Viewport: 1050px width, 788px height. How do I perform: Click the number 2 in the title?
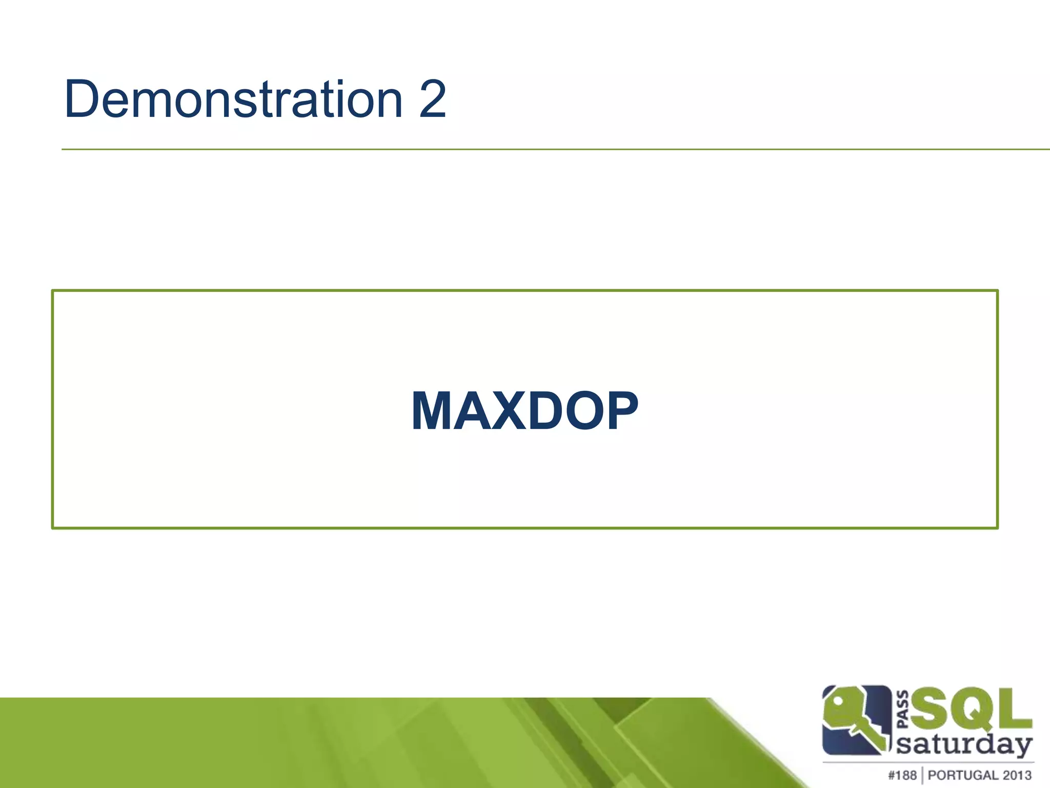coord(432,100)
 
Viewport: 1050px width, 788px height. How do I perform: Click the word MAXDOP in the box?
coord(524,410)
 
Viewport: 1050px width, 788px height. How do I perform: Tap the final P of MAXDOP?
coord(621,411)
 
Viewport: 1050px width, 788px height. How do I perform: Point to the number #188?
coord(902,775)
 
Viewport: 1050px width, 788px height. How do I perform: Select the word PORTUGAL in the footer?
coord(958,775)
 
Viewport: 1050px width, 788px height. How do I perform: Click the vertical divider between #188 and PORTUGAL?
coord(922,775)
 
